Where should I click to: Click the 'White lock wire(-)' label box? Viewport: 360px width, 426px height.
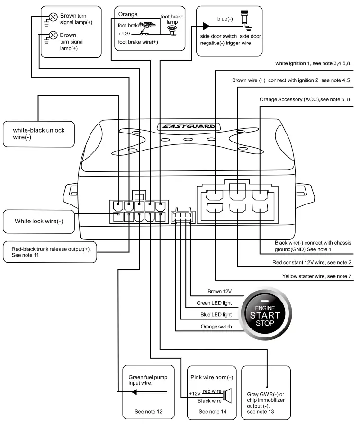(x=39, y=221)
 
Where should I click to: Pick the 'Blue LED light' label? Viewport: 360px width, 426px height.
(x=216, y=314)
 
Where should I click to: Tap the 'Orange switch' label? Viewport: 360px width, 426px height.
(x=216, y=326)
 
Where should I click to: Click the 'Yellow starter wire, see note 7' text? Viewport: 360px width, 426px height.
(x=316, y=276)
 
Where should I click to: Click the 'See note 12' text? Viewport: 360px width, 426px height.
(x=148, y=412)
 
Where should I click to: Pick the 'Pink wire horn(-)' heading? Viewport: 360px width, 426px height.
(x=212, y=377)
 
